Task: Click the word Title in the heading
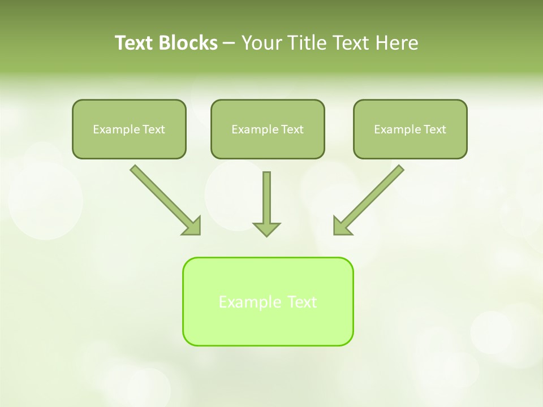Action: click(x=309, y=43)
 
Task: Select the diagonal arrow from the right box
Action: click(x=373, y=196)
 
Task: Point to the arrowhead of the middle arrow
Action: click(x=266, y=229)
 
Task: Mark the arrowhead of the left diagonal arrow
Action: click(x=193, y=226)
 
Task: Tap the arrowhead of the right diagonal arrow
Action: click(x=342, y=226)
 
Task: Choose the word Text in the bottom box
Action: click(x=303, y=302)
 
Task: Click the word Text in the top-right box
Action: click(x=434, y=129)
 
